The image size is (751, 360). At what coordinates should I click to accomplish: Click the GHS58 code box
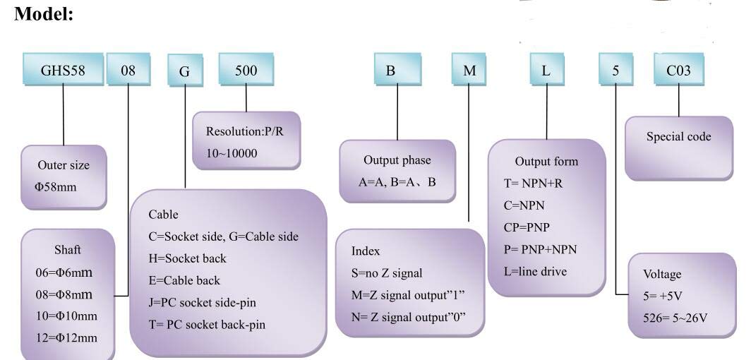(x=63, y=70)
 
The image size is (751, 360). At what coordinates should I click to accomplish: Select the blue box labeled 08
(x=128, y=70)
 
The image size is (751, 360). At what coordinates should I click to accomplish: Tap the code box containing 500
(x=246, y=70)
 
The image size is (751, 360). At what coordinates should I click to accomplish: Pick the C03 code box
(x=679, y=70)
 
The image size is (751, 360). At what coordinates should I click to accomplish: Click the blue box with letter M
(x=469, y=70)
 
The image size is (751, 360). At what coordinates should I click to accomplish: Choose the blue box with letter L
(x=546, y=70)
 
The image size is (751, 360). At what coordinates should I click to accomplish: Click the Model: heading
(x=44, y=13)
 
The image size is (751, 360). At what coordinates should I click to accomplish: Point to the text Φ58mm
(x=55, y=187)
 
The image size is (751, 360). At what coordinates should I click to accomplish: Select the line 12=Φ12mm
(x=66, y=338)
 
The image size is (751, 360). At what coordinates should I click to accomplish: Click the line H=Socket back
(x=187, y=258)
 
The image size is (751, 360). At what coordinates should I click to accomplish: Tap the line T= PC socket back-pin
(x=207, y=325)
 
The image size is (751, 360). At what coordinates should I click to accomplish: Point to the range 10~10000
(x=232, y=154)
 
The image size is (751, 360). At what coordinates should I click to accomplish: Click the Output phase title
(x=397, y=160)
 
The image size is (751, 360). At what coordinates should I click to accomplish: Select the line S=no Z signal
(x=387, y=273)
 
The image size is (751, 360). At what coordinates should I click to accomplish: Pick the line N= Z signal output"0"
(x=409, y=317)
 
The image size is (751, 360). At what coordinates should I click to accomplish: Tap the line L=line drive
(x=535, y=272)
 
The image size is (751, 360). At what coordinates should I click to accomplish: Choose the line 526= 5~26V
(x=675, y=318)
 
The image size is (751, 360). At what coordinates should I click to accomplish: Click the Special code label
(x=679, y=137)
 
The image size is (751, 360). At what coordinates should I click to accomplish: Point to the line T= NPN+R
(x=531, y=184)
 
